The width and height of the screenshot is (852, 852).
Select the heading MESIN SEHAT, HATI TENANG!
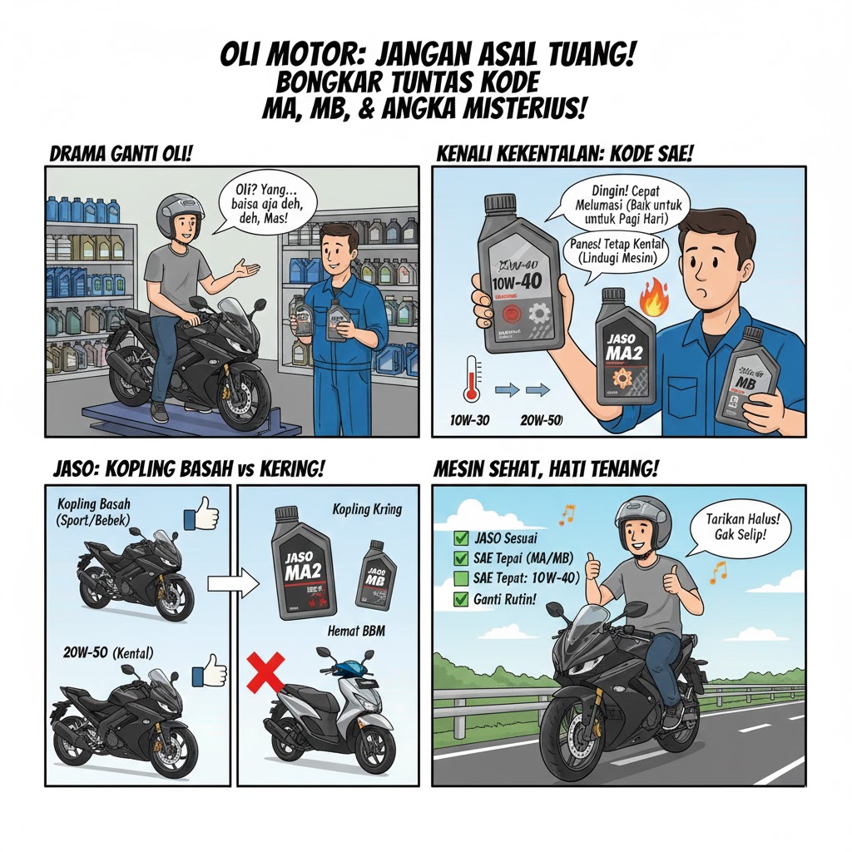tap(546, 470)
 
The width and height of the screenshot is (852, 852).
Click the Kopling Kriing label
tap(367, 509)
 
